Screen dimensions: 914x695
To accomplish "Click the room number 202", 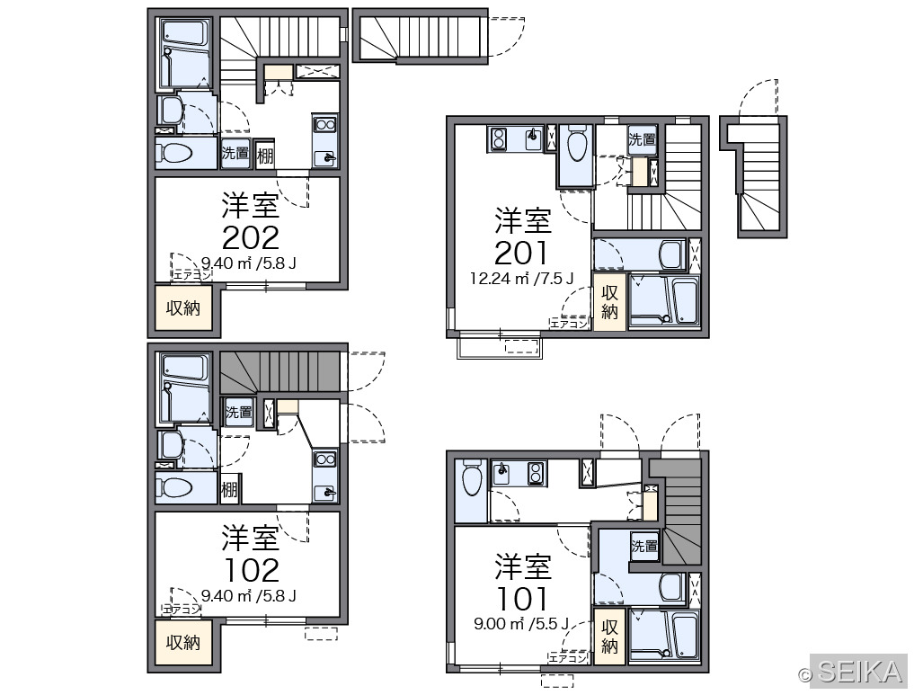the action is [251, 237].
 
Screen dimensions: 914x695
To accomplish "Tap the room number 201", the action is [521, 253].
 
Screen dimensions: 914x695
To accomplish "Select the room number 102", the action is [252, 571].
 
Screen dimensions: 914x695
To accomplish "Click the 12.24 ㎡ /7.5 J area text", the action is [521, 279].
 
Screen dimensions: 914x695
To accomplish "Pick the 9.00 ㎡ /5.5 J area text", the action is [521, 625].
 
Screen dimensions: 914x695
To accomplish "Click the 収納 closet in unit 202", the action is [183, 307].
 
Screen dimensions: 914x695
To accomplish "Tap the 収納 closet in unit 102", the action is [183, 642].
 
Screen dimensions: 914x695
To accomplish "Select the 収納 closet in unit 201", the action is [609, 302].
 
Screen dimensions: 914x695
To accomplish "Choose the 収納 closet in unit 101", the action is [609, 637].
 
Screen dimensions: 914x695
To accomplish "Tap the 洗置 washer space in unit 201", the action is [642, 140].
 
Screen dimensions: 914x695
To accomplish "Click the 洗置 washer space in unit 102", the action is [238, 412].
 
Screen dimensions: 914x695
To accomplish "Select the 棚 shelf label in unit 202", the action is [265, 156].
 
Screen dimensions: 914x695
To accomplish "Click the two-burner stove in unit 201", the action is [499, 138].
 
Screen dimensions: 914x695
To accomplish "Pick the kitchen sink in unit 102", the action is [324, 492].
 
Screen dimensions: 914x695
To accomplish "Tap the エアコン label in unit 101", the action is [568, 657].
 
